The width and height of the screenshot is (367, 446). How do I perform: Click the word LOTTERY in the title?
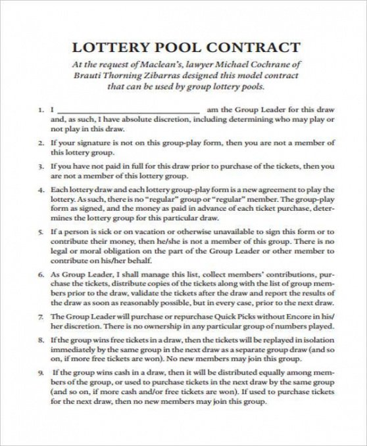(107, 47)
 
